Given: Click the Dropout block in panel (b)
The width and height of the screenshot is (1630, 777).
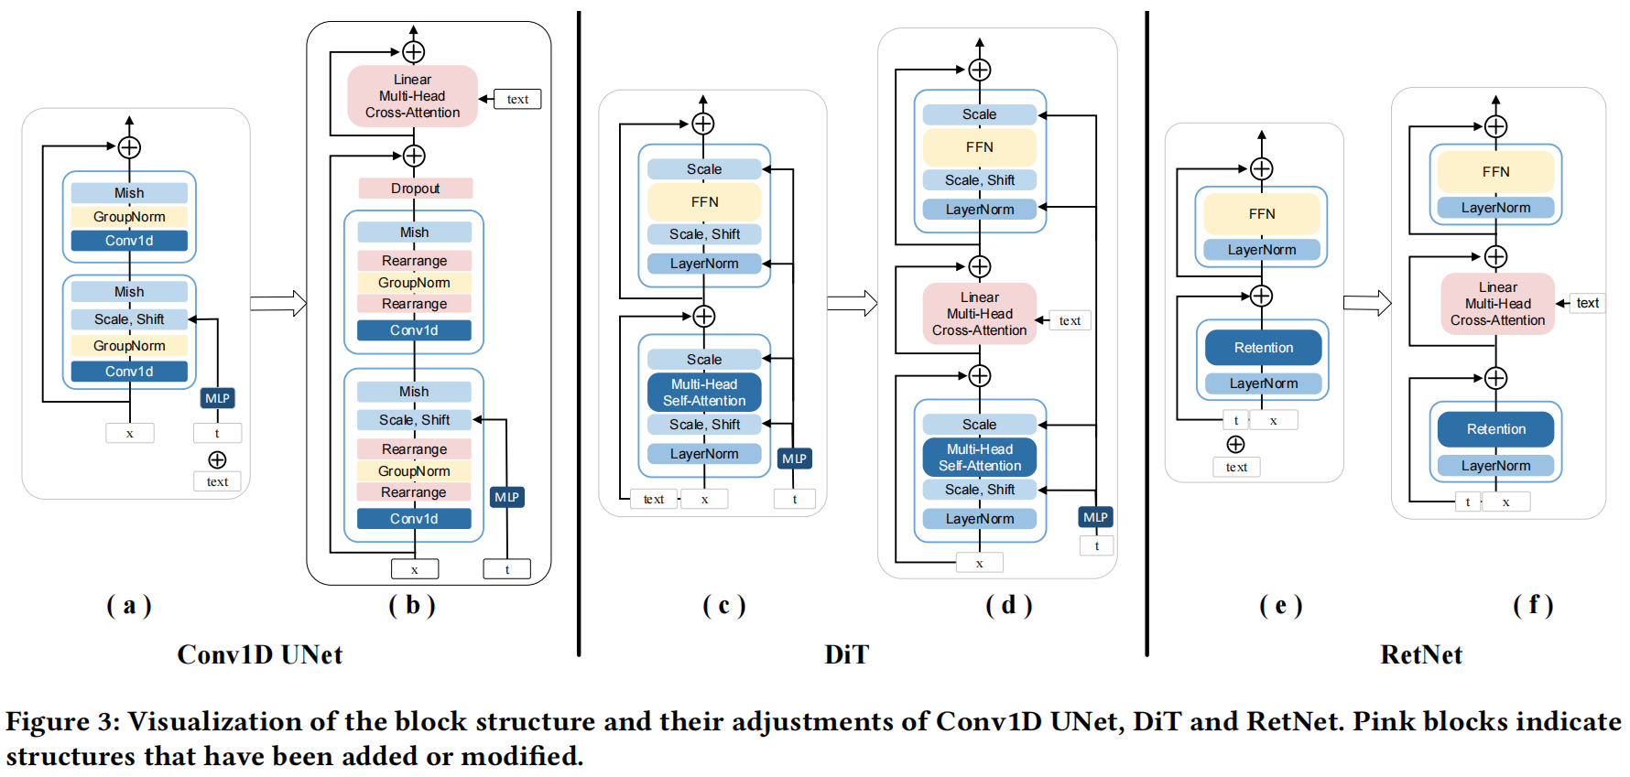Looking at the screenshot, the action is [416, 189].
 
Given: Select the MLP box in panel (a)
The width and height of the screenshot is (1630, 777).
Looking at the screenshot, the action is [218, 398].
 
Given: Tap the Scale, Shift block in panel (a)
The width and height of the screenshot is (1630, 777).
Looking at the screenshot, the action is [129, 319].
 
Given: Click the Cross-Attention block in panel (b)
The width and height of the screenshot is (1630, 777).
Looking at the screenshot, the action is [413, 96].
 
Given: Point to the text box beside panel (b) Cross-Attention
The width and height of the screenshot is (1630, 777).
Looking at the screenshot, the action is [517, 99].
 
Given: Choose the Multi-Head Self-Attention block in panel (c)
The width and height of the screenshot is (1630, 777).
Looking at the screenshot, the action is [704, 393].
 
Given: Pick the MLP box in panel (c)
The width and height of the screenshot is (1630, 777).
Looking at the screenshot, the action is [795, 459].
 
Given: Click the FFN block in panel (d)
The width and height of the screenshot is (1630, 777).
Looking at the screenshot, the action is [980, 147].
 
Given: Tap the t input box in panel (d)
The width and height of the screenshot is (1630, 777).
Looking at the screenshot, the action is [1097, 545].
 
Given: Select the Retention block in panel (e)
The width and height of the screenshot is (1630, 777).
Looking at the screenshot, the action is [1264, 348].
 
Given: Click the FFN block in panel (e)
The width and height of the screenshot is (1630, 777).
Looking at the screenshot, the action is [1262, 214].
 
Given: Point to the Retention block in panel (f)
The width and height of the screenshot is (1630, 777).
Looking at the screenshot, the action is [1496, 429].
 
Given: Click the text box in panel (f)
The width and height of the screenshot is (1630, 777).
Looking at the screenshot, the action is [1588, 303].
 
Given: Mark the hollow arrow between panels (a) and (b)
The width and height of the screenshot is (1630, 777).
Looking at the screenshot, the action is [278, 304].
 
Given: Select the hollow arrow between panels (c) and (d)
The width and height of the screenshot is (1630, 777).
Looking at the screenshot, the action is [853, 303].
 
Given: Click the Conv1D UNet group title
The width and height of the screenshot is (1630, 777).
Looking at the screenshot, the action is [260, 654].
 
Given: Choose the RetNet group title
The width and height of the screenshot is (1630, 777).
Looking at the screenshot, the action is [1421, 654].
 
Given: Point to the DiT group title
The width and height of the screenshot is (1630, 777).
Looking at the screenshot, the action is [846, 654].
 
